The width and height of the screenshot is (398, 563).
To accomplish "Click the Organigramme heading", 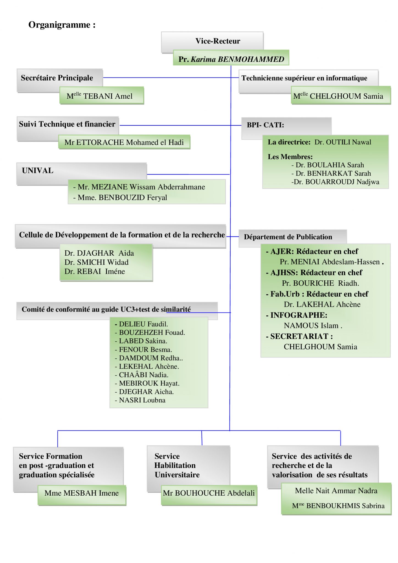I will coord(62,25).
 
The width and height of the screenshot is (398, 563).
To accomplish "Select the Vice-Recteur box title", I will coord(218,41).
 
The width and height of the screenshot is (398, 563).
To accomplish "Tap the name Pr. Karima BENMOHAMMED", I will coord(231,59).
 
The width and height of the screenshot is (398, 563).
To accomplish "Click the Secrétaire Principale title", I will coord(57,78).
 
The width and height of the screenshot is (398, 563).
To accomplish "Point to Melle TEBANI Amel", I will coord(99,96).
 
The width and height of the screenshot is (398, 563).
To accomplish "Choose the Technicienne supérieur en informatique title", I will coord(304,78).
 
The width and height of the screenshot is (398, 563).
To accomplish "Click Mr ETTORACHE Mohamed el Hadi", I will coord(124,142).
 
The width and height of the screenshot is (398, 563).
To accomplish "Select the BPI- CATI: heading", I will coord(265,125).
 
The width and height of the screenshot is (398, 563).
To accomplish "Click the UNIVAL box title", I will coord(38,171).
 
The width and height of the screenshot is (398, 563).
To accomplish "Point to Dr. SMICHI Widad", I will coord(96,262).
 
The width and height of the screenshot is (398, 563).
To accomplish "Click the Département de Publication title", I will coord(288,237).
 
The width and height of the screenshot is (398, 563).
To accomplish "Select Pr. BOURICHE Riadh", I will coord(320,283).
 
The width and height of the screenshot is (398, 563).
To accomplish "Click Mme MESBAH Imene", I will coord(82,493).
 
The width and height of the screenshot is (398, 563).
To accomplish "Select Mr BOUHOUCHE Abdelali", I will coord(209,493).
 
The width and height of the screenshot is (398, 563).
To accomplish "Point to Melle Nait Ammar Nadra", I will coord(336,491).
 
